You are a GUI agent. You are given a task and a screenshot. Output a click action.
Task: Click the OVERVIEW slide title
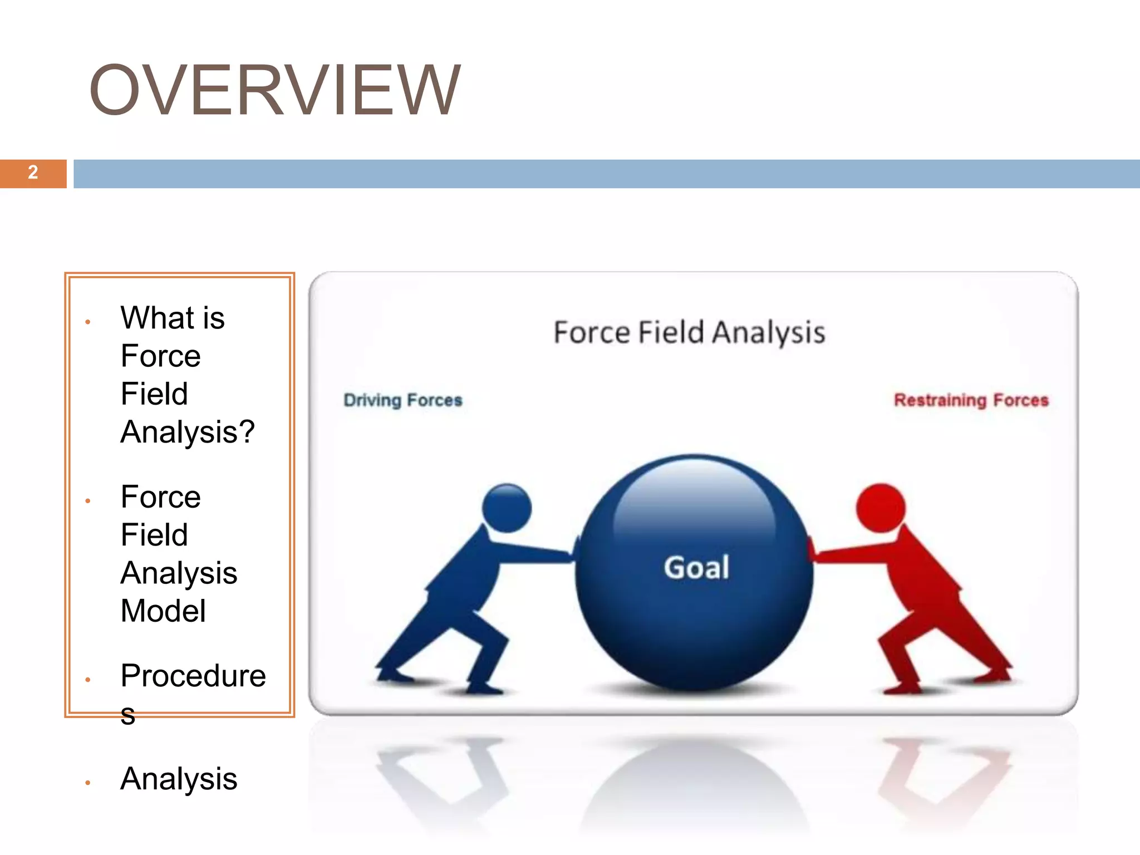(x=274, y=90)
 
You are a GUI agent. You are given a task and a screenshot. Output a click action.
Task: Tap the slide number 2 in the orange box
(x=33, y=173)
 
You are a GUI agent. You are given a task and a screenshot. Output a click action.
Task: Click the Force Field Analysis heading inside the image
(x=689, y=332)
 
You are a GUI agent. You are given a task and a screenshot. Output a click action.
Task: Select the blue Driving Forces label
(x=403, y=400)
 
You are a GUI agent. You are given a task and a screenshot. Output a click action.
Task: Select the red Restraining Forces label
(x=971, y=400)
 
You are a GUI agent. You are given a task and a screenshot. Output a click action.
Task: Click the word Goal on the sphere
(x=696, y=568)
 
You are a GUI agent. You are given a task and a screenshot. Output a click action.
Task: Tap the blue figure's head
(x=507, y=508)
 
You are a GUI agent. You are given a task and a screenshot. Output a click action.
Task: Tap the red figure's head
(x=881, y=508)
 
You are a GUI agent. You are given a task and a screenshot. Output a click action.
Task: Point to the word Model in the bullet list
(x=163, y=611)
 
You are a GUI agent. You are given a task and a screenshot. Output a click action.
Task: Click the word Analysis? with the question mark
(x=188, y=432)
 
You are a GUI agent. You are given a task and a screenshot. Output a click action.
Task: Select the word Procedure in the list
(x=193, y=676)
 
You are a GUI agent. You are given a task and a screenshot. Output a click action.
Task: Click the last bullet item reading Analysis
(x=179, y=779)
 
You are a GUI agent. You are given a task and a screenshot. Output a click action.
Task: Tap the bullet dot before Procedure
(x=88, y=680)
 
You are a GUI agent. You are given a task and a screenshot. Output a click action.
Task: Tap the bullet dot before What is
(x=88, y=322)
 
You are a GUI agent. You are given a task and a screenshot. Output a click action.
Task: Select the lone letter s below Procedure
(x=127, y=715)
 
